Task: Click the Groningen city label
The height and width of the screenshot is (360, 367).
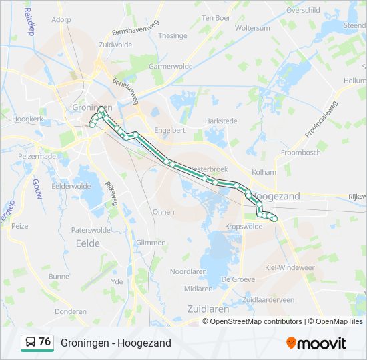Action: (91, 107)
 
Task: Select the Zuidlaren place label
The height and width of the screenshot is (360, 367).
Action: (208, 309)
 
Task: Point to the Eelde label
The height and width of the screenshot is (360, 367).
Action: (87, 243)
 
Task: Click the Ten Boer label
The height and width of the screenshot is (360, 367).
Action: (216, 17)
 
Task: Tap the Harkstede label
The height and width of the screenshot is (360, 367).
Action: (221, 121)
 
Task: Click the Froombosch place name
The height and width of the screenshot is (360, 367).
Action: (301, 152)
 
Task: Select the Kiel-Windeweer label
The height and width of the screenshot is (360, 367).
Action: (290, 267)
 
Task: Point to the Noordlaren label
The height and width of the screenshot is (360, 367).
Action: (190, 271)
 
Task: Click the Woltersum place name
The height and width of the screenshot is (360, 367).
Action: (252, 28)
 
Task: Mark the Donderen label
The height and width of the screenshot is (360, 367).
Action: (71, 311)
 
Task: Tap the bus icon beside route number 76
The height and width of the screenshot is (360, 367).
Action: (31, 342)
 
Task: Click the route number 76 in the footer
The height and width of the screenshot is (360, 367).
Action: (45, 342)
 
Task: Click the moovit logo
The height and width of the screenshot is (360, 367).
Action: (316, 343)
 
